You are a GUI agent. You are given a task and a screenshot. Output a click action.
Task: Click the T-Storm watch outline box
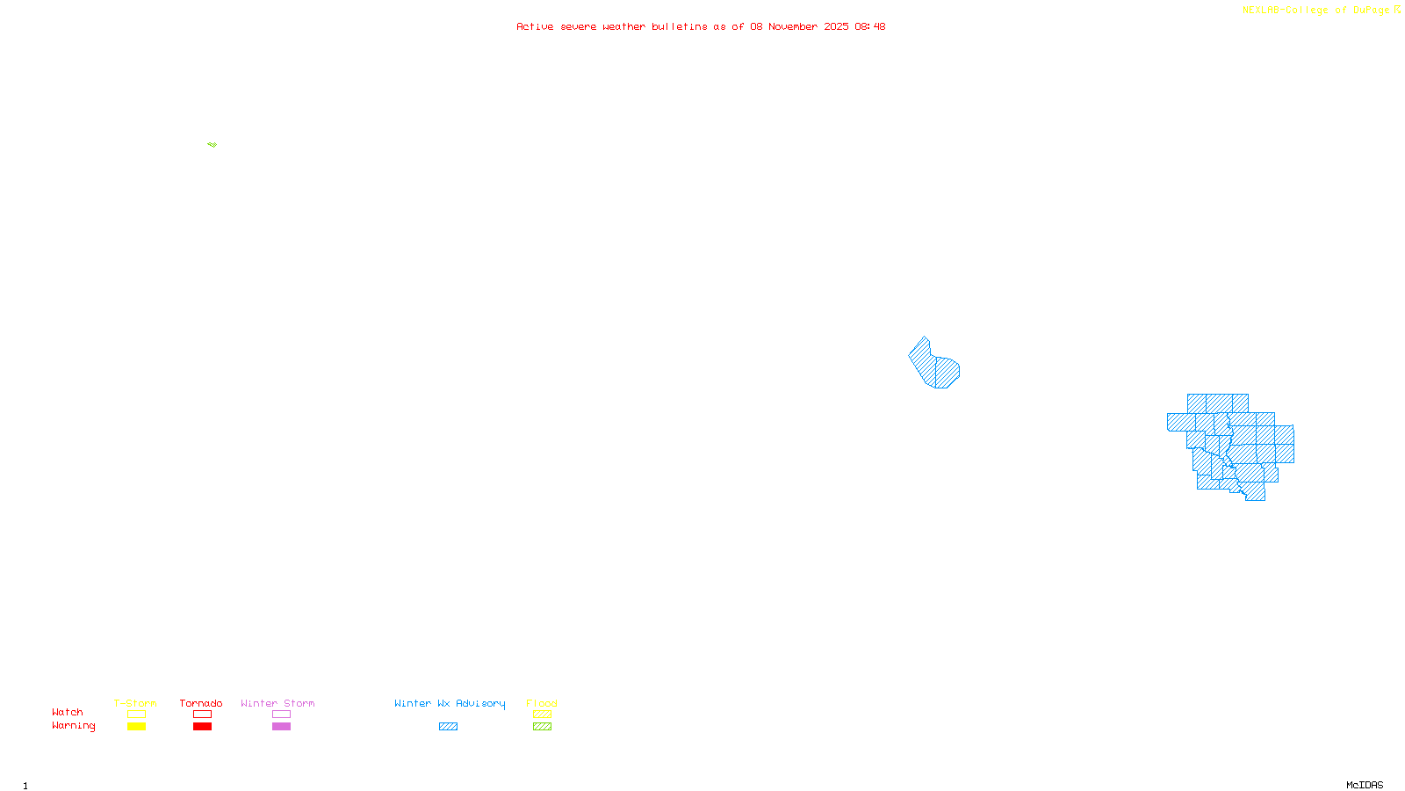tap(136, 715)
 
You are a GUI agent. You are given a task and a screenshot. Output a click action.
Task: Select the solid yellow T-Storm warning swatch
tap(136, 727)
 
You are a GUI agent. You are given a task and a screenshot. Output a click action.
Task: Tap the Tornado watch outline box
tap(202, 715)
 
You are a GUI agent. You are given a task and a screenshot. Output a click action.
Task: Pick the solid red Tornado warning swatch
tap(202, 727)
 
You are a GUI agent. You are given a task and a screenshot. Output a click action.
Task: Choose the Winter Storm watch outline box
tap(281, 715)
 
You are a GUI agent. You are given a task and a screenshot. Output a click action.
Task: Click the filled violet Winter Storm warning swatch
tap(281, 727)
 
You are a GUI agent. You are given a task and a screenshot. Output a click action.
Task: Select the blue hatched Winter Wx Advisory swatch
tap(448, 727)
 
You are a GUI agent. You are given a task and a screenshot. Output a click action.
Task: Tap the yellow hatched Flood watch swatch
tap(542, 715)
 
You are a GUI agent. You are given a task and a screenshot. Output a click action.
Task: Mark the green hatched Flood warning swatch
tap(542, 727)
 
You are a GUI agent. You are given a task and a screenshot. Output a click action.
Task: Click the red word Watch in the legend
tap(68, 713)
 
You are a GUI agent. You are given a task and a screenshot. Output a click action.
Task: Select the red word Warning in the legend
tap(73, 726)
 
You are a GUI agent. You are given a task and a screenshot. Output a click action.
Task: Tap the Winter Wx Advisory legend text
tap(450, 703)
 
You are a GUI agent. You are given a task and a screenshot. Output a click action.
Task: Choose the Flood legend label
tap(542, 703)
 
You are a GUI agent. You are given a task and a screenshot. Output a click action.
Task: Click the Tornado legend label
tap(201, 703)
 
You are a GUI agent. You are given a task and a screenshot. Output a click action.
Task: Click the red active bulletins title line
tap(701, 26)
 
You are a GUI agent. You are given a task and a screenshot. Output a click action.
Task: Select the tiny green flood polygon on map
tap(213, 144)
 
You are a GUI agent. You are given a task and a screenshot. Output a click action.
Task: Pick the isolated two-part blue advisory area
tap(933, 365)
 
